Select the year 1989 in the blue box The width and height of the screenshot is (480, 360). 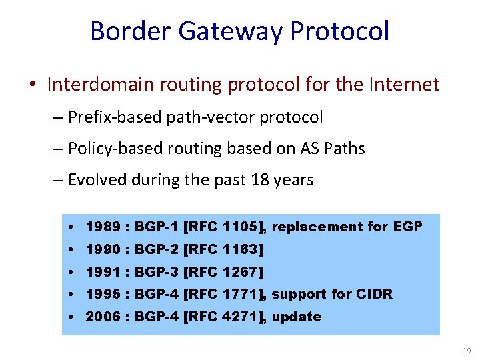click(103, 227)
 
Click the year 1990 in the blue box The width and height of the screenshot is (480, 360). click(103, 249)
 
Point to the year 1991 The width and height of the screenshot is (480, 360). click(103, 272)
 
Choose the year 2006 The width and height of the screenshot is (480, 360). click(103, 317)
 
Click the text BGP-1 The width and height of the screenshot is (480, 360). click(157, 227)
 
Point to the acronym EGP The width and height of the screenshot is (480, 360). click(408, 227)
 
